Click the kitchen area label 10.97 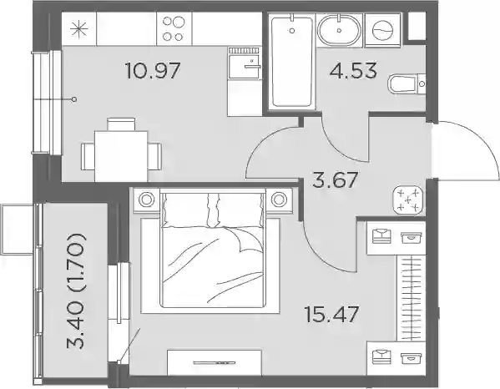153,71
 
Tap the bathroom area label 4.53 353,71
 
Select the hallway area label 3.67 335,180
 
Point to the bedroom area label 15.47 332,314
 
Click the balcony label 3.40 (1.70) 76,291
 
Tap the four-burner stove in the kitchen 174,28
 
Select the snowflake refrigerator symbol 78,29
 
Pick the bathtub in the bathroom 291,62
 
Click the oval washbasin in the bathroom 339,30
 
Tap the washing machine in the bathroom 382,30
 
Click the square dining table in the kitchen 121,156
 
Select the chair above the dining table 121,124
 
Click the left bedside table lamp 146,200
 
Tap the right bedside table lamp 279,200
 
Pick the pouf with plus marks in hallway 408,200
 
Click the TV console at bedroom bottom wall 215,362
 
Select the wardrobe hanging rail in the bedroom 411,298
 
